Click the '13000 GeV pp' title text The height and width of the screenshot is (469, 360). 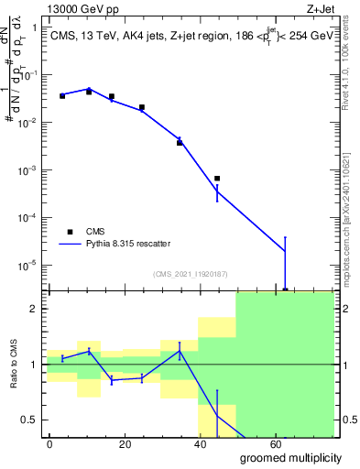point(80,8)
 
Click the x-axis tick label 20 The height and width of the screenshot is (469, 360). point(141,442)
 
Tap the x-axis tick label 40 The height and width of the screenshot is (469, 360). point(234,442)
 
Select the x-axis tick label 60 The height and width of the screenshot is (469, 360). point(325,442)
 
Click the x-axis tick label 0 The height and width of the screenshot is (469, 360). point(49,442)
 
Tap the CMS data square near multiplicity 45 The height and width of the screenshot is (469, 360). point(217,179)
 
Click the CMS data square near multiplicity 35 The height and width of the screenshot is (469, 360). point(180,143)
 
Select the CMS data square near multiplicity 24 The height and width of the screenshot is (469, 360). point(141,107)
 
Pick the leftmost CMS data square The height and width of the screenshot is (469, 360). point(62,95)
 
